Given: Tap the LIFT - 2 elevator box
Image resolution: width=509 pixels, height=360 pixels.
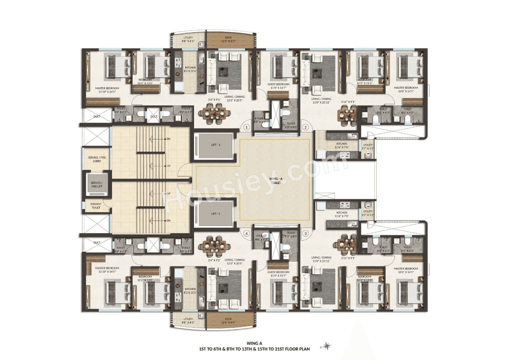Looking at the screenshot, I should tap(216, 214).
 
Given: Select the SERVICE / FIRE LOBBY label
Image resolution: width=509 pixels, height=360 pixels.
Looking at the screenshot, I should tap(97, 159).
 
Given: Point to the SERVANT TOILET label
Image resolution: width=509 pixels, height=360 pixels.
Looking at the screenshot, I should tap(96, 206).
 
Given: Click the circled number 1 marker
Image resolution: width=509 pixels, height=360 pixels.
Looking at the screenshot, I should tap(247, 128).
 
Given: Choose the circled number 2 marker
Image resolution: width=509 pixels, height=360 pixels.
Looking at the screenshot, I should tap(305, 128).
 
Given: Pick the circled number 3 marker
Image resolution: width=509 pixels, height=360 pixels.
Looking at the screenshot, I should tap(305, 233).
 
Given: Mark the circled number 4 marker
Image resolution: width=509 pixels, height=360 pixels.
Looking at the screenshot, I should tap(247, 233).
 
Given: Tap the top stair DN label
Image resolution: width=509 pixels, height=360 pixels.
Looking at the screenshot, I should tap(169, 139).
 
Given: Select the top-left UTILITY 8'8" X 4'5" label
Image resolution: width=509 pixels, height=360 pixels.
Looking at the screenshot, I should tap(188, 39).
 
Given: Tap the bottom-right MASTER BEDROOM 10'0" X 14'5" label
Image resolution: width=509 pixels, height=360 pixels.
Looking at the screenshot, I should tap(406, 270).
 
